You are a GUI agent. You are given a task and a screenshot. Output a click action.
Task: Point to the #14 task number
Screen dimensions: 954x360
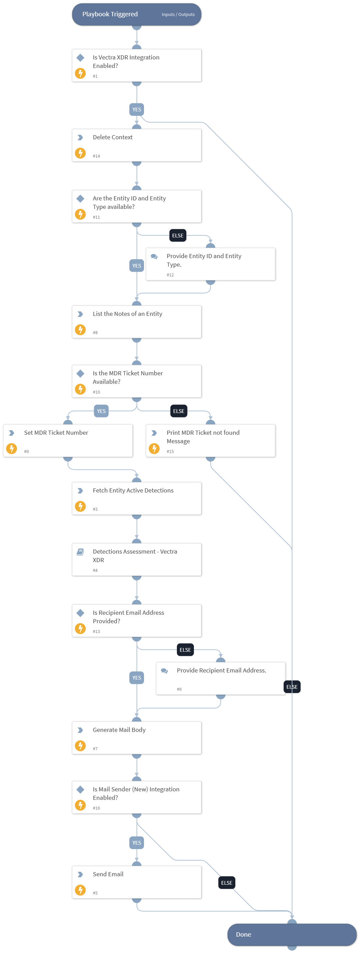[x=96, y=156]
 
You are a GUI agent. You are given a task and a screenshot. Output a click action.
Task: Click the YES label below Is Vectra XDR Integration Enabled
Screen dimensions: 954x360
[x=137, y=110]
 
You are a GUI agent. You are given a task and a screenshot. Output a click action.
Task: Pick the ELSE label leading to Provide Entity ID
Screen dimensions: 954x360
[x=178, y=236]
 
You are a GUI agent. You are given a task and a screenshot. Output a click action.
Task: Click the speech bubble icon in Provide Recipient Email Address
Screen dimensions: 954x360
[x=164, y=671]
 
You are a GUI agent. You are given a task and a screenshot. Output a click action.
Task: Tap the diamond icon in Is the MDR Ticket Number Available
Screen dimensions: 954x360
[x=80, y=373]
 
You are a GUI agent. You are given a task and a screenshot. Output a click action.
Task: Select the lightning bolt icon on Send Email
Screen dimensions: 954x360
[x=80, y=889]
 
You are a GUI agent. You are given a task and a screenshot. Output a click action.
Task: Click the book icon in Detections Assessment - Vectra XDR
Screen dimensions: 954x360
[x=80, y=552]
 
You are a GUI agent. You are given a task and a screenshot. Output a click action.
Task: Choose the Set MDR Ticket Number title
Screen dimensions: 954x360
[x=56, y=433]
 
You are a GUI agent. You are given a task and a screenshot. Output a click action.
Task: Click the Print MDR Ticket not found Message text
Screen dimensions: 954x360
[x=203, y=437]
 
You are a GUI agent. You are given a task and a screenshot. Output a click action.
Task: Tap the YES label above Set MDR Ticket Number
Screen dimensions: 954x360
[x=101, y=411]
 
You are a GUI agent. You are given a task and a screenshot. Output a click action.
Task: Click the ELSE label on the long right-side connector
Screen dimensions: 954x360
[x=292, y=687]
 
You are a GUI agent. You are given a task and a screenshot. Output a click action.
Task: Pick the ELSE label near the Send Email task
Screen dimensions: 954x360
[x=227, y=883]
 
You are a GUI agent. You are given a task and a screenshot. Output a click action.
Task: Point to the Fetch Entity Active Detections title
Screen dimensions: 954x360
[x=133, y=490]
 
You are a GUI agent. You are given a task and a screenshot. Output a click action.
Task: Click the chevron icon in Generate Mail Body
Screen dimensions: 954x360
[x=80, y=730]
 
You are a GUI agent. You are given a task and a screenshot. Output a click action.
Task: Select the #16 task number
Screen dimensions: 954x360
[x=96, y=808]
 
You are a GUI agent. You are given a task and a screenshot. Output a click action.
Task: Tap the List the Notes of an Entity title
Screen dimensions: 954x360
[x=127, y=314]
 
